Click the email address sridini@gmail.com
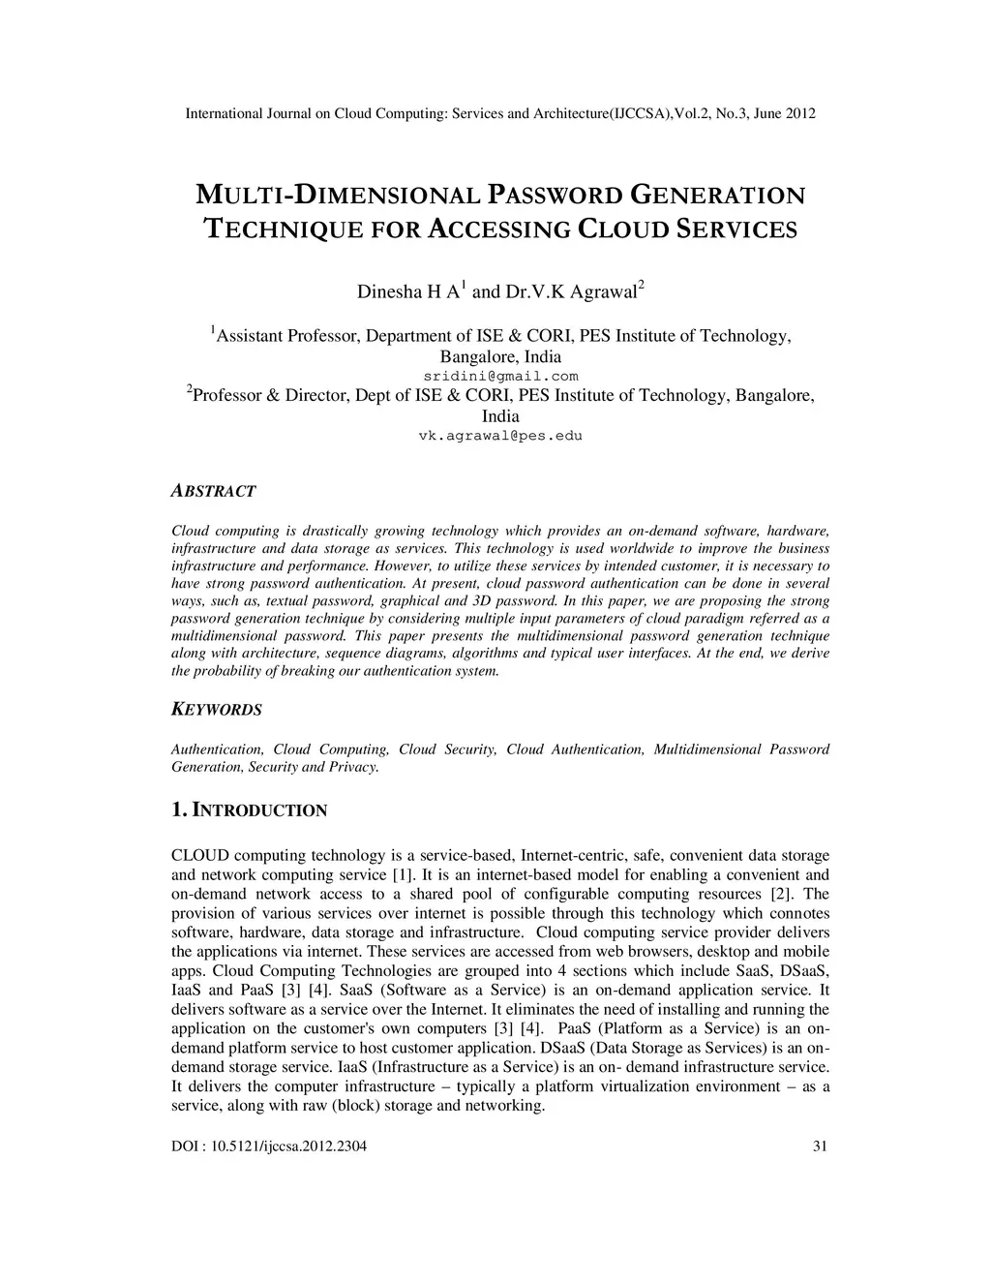click(x=500, y=376)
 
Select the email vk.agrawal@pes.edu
click(x=500, y=436)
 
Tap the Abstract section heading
click(x=213, y=491)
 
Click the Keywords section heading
click(x=216, y=710)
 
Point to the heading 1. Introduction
click(x=249, y=810)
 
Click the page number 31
click(x=821, y=1147)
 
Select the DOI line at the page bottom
click(x=268, y=1147)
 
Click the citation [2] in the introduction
click(x=781, y=894)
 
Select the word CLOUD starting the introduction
click(x=199, y=855)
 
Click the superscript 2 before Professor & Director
click(x=190, y=389)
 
